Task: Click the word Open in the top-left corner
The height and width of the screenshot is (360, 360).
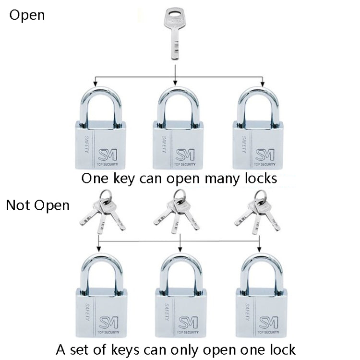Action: pos(27,15)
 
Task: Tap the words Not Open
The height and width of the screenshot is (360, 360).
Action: pos(38,205)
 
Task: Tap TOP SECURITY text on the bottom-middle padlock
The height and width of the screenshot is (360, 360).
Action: pos(187,332)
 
